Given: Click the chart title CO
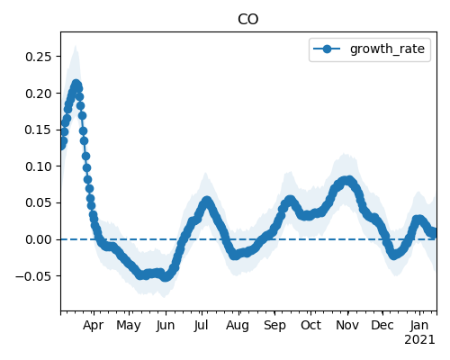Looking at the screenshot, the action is point(247,20).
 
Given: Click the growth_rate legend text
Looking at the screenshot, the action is point(387,49).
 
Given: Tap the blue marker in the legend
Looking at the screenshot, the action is point(327,49).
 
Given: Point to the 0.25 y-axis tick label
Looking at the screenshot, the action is point(39,57).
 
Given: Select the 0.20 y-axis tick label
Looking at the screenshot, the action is point(39,94).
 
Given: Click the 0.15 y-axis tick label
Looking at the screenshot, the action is point(39,130).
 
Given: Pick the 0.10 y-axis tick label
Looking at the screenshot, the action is point(39,166).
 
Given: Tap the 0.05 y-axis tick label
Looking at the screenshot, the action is point(39,203).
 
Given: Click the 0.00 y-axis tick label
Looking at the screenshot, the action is point(39,239).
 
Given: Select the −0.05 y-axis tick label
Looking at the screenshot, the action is point(33,276).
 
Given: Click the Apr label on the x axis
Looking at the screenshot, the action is point(94,326).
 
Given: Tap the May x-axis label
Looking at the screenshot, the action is point(129,326).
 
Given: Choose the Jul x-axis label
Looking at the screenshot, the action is point(201,326).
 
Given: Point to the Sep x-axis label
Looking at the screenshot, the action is point(274,326).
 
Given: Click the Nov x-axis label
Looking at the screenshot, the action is point(347,326).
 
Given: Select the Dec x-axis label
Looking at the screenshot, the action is point(382,326).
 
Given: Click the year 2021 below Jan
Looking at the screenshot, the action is point(419,340).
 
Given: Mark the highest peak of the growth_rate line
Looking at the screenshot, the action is point(76,85).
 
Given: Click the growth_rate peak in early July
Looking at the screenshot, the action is point(207,201).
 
